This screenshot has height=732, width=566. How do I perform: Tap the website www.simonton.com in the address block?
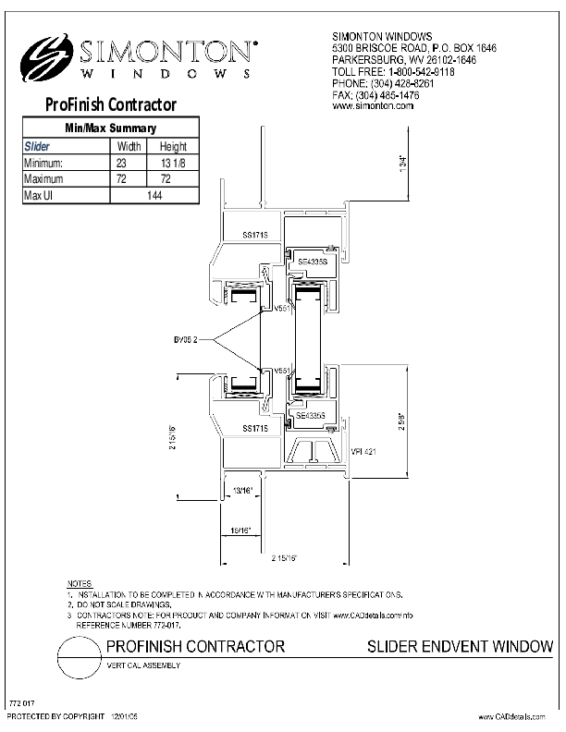[372, 106]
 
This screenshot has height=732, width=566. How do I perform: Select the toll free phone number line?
[392, 70]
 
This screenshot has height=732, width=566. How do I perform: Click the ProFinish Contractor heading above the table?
[110, 105]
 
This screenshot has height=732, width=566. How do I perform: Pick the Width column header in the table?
[128, 146]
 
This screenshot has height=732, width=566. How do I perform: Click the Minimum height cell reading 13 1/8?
[173, 163]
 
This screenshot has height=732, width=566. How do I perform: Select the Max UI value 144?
[154, 195]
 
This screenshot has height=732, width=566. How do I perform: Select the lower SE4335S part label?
[312, 416]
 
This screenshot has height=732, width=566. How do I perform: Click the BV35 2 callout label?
[199, 340]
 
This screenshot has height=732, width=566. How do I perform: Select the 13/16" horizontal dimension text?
[241, 490]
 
